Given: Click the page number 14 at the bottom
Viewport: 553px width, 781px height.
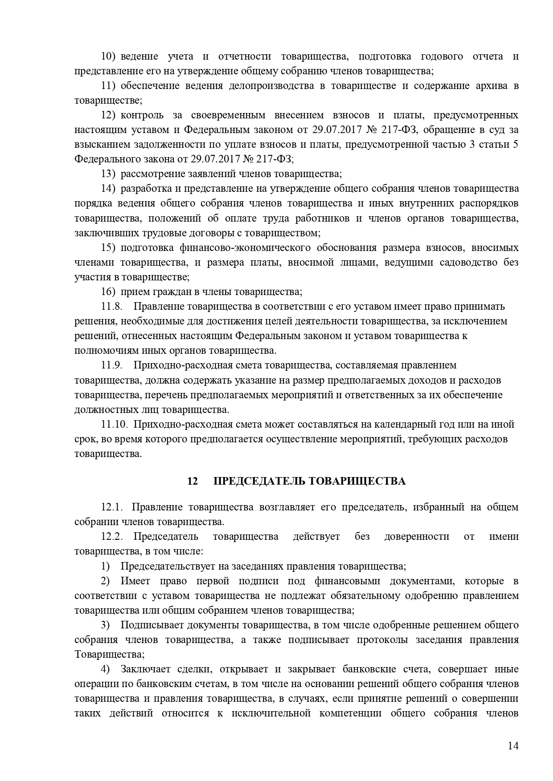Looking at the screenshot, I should coord(513,746).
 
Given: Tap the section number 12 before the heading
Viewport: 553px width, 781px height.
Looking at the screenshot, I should coord(193,481).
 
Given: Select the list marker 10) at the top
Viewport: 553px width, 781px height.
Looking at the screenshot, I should coord(108,57).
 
